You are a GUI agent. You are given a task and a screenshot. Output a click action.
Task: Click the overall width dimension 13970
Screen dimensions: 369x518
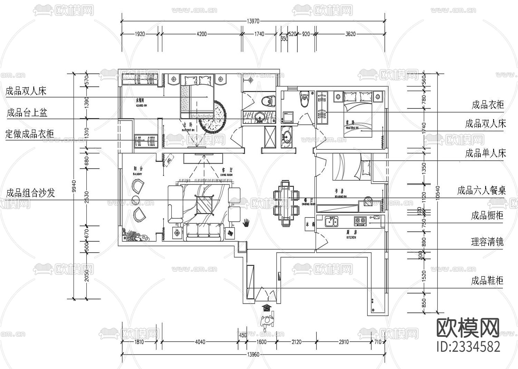(253, 21)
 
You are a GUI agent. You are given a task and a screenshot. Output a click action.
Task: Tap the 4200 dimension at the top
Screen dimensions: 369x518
(201, 34)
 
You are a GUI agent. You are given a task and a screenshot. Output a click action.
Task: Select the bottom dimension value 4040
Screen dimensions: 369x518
(200, 342)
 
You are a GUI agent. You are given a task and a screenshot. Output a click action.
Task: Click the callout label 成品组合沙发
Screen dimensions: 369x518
(31, 193)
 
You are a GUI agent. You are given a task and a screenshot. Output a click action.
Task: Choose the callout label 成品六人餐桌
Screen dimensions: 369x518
(481, 190)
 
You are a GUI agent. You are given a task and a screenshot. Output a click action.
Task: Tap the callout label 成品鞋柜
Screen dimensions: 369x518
(487, 280)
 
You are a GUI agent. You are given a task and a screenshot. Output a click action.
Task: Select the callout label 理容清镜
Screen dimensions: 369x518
(487, 242)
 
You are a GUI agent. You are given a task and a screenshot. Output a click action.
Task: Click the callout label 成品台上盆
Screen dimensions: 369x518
(27, 113)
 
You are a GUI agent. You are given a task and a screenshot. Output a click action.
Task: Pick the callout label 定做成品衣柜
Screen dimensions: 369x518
(30, 134)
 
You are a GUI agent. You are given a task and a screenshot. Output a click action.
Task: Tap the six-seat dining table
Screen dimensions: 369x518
(285, 203)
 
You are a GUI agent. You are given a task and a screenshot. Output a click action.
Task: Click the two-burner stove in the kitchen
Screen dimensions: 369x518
(360, 220)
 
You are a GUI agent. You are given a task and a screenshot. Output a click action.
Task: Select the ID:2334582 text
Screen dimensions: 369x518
(468, 346)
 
